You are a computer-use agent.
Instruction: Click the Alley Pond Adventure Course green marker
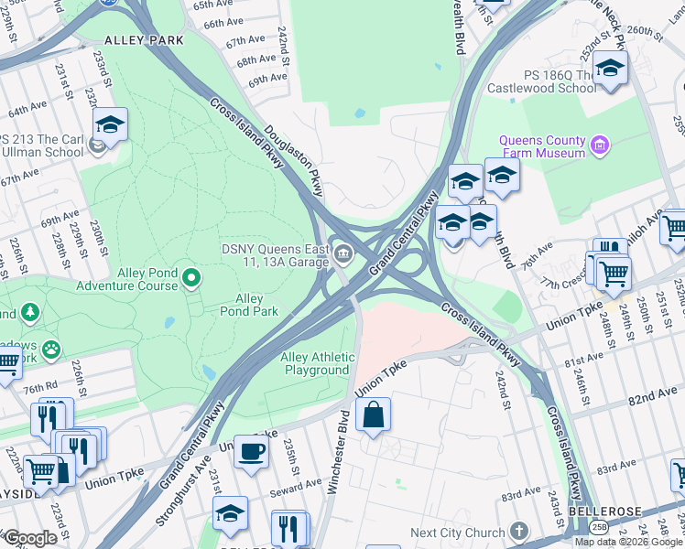(191, 276)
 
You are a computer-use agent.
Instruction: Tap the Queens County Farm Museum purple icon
(600, 143)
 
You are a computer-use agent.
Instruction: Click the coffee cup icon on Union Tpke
(251, 451)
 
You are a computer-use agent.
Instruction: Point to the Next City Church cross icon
(519, 532)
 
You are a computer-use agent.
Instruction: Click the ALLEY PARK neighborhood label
(144, 40)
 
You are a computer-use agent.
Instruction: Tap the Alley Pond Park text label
(249, 305)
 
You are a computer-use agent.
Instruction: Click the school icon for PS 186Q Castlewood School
(609, 67)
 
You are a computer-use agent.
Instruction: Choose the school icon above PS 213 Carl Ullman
(110, 124)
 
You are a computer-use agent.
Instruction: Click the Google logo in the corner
(29, 538)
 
